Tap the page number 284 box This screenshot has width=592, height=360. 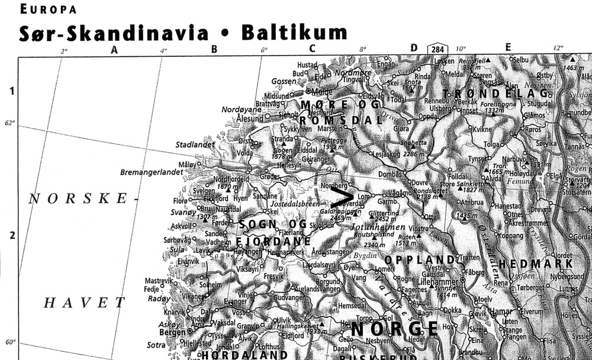tap(438, 49)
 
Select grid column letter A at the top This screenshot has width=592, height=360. tap(115, 50)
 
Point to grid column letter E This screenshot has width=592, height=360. tap(508, 48)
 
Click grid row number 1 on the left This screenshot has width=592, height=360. tap(10, 91)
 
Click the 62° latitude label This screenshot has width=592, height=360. tap(9, 123)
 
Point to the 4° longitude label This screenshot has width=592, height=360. tap(163, 51)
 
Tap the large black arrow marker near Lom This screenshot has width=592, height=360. tap(343, 197)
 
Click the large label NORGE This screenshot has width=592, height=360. tap(395, 329)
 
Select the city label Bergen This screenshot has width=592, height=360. tap(173, 332)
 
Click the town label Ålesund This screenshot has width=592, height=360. tap(249, 118)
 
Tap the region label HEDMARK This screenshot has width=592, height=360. tap(536, 263)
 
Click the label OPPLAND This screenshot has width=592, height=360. tap(420, 260)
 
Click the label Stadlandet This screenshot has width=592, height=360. tap(194, 144)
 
